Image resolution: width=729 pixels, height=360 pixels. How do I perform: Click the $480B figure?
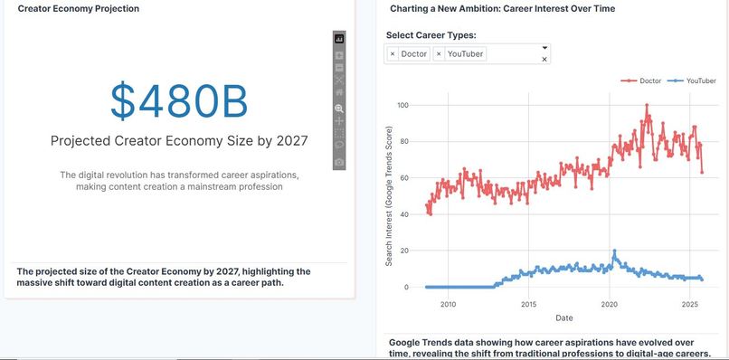(x=179, y=100)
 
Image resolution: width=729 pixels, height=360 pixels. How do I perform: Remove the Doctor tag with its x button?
(x=393, y=54)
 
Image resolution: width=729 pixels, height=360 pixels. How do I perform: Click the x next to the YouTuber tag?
(x=439, y=54)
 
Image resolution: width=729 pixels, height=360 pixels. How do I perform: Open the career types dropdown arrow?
(x=544, y=47)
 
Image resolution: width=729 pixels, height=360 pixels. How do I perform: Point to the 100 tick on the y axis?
(x=402, y=106)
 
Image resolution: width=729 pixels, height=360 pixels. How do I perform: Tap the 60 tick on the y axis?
(x=404, y=178)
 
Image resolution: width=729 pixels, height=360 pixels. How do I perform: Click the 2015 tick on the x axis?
(x=528, y=304)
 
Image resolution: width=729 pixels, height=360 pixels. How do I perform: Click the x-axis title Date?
(x=563, y=317)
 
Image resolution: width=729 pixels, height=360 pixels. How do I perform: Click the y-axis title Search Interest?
(x=389, y=196)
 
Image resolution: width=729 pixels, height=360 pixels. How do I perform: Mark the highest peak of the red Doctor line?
(x=647, y=106)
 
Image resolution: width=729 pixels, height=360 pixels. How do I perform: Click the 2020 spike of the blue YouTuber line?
(x=614, y=251)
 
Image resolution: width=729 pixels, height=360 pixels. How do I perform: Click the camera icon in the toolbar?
(x=339, y=162)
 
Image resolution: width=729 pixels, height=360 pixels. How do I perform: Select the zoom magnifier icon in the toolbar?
(x=339, y=107)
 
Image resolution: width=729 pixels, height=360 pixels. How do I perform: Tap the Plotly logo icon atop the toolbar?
(x=339, y=39)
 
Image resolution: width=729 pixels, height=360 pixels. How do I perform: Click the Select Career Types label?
(x=431, y=35)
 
